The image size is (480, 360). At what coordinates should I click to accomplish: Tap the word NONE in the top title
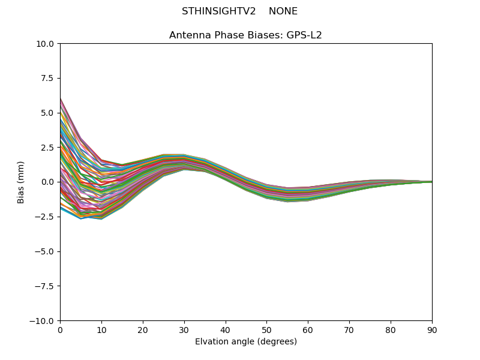coord(283,11)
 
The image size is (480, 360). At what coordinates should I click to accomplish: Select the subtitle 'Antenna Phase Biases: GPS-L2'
coord(245,35)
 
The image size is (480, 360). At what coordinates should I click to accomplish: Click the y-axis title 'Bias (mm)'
coord(21,182)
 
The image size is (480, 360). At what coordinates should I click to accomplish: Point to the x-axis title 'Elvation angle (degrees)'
coord(245,342)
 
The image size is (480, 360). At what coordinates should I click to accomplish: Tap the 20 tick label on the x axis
coord(143,330)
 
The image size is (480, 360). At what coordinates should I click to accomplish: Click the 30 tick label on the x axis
coord(184,330)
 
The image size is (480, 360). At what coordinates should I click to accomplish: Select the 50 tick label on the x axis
coord(266,330)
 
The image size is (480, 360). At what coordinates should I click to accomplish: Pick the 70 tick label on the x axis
coord(349,330)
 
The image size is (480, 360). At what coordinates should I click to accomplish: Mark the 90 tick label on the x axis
coord(432,330)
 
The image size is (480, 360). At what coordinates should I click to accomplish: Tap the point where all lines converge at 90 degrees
coord(431,182)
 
